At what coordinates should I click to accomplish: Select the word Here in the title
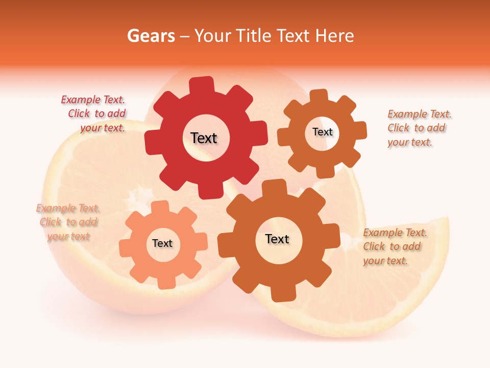pyautogui.click(x=335, y=36)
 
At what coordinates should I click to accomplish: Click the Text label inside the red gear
pyautogui.click(x=204, y=138)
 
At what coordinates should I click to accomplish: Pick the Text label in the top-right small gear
pyautogui.click(x=322, y=132)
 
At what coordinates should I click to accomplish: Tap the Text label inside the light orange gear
pyautogui.click(x=162, y=243)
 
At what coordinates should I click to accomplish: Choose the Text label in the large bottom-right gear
pyautogui.click(x=277, y=239)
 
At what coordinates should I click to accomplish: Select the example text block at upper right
pyautogui.click(x=419, y=128)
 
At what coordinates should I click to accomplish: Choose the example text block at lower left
pyautogui.click(x=67, y=222)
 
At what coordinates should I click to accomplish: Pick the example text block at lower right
pyautogui.click(x=395, y=246)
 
